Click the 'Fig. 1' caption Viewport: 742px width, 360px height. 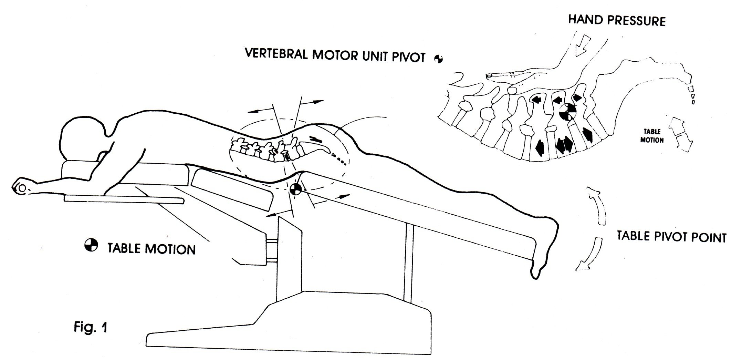point(90,327)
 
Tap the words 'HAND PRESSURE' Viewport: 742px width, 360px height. point(616,20)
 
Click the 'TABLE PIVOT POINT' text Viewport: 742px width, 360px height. point(671,237)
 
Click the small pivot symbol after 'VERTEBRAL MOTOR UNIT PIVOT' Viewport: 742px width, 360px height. point(438,59)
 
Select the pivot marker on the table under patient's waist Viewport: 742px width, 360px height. point(295,189)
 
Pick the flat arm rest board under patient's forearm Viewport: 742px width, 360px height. point(124,199)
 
